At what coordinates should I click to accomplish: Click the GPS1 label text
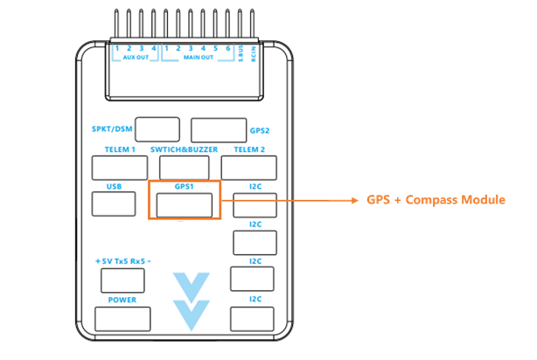[x=184, y=186]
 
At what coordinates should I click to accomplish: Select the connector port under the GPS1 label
[x=185, y=204]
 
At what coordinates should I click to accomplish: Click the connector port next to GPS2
[x=219, y=129]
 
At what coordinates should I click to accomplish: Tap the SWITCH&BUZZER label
[x=184, y=149]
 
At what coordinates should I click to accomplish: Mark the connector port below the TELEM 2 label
[x=248, y=168]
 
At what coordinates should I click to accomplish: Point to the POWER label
[x=122, y=300]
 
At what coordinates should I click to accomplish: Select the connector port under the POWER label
[x=122, y=318]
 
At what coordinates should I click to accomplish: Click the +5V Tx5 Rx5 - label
[x=122, y=261]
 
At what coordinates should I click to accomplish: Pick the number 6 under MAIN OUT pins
[x=227, y=47]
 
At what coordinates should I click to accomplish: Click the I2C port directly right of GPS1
[x=255, y=204]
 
